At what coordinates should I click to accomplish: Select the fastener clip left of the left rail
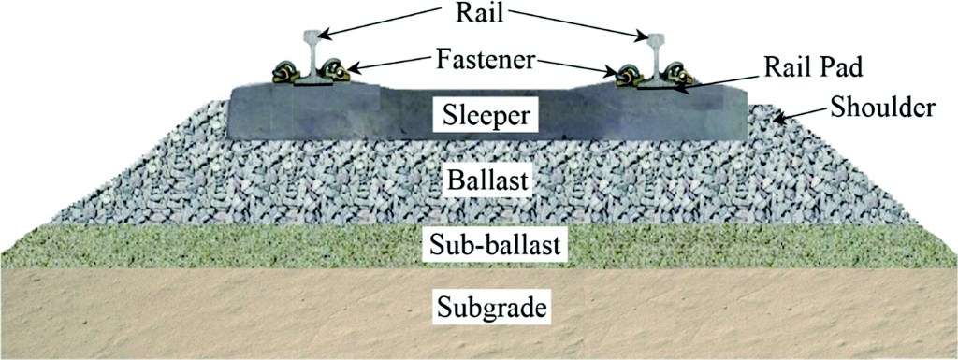(283, 72)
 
